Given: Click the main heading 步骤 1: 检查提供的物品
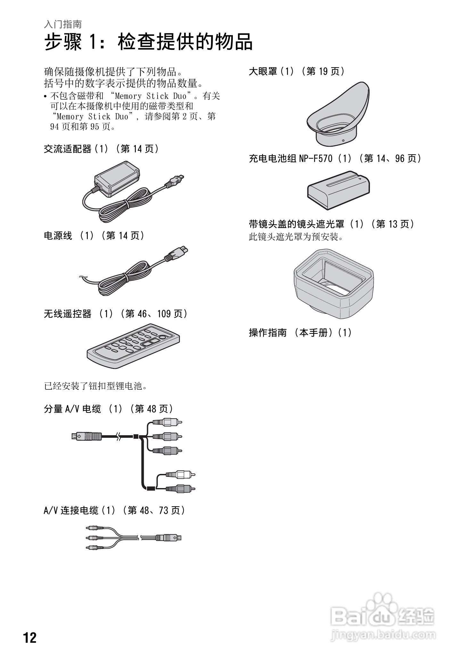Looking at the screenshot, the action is tap(148, 42).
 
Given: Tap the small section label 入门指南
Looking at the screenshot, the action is tap(63, 24).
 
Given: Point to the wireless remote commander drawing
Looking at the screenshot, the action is tap(133, 347).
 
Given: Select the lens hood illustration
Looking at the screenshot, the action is tap(333, 283).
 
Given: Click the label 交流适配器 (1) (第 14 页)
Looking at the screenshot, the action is tap(101, 149).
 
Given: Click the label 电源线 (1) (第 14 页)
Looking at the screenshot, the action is tap(94, 236).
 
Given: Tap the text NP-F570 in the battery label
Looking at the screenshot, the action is tap(315, 158).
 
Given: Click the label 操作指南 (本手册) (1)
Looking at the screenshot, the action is tap(300, 333).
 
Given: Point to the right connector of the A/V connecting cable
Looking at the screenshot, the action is tap(169, 538).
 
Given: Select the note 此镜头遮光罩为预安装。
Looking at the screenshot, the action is tap(296, 237).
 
